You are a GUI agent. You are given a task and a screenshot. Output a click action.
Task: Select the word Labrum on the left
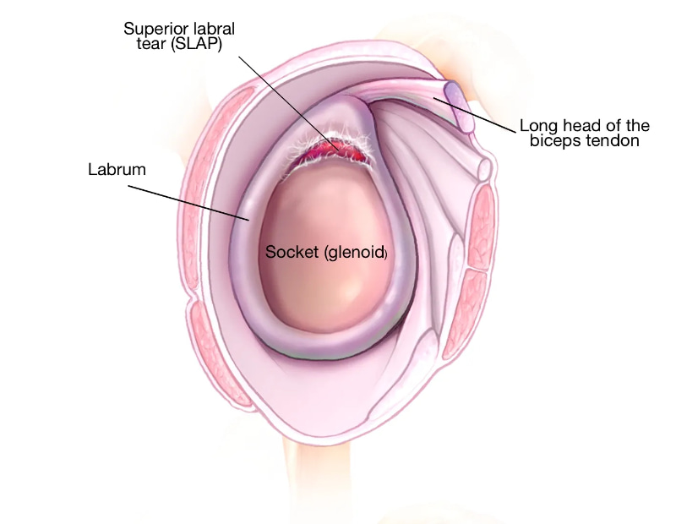tap(117, 170)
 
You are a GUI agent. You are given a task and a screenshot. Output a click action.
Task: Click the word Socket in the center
tap(292, 252)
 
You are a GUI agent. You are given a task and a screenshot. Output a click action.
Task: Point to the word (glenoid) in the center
tap(355, 253)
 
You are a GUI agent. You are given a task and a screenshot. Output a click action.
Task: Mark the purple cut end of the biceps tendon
tap(460, 106)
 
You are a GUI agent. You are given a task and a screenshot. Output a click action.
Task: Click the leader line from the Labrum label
tap(188, 203)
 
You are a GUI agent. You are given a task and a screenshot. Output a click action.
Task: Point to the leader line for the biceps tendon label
tap(475, 115)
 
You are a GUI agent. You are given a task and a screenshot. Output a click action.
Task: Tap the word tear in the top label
tap(151, 44)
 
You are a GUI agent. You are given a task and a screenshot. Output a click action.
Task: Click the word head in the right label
tap(575, 125)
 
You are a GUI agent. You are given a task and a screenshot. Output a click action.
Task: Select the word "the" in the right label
tap(636, 125)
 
